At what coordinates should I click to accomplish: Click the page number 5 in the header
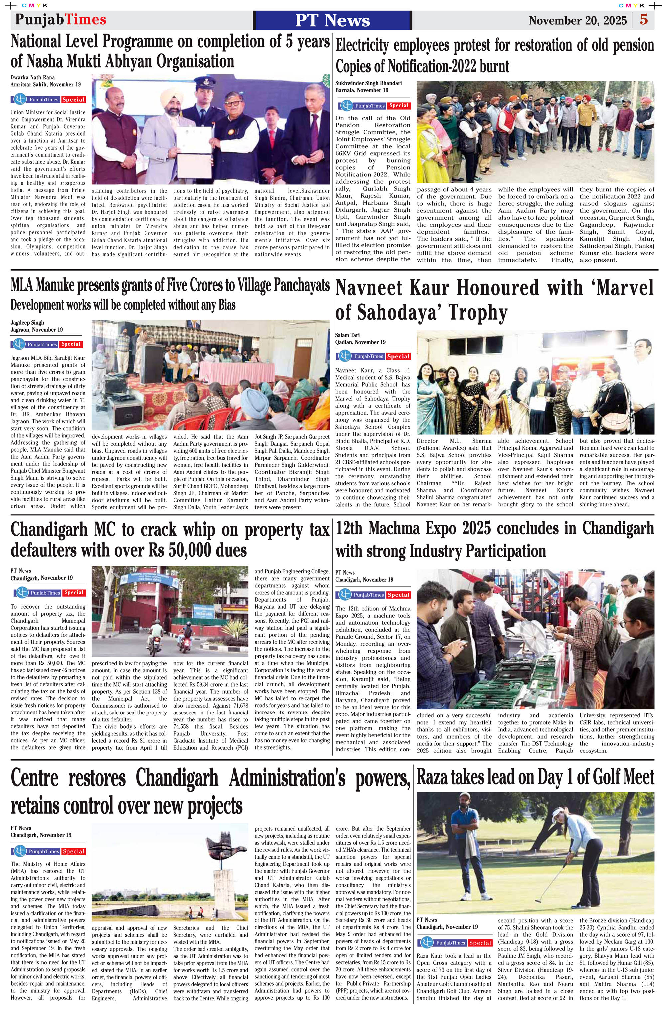[643, 20]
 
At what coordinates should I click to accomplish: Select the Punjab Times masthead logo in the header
[61, 20]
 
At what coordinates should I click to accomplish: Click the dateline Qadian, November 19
[360, 342]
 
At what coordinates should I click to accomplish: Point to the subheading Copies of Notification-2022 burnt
[422, 67]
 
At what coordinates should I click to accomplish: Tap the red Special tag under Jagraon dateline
[71, 344]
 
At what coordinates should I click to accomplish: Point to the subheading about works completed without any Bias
[123, 305]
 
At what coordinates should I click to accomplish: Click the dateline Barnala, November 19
[361, 90]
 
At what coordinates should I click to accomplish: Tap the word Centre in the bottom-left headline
[34, 778]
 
